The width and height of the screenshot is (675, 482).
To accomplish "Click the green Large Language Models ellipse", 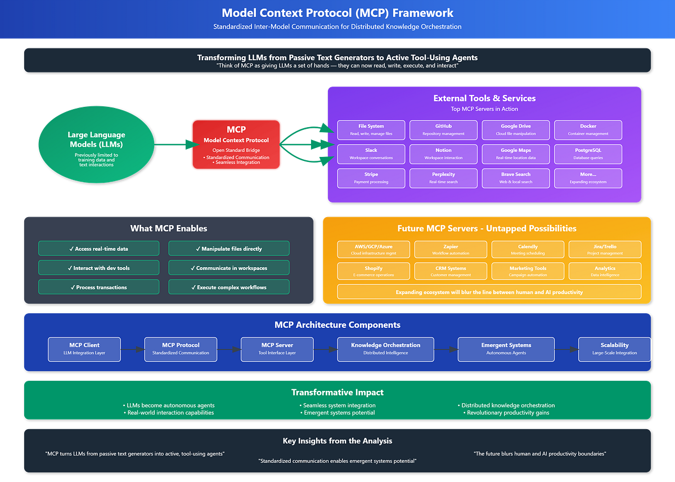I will click(96, 145).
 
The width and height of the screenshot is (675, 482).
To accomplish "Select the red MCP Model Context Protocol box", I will click(236, 145).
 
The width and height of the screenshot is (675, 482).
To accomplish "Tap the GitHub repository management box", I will click(443, 130).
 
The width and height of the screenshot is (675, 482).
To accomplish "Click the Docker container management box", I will click(588, 130).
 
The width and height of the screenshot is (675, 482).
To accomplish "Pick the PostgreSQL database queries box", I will click(588, 154).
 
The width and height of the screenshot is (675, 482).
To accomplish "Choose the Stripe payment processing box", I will click(371, 178).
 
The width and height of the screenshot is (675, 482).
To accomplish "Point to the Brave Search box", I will click(515, 178).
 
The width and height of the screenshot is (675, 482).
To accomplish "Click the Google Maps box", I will click(515, 154).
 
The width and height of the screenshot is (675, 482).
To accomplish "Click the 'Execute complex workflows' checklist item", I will click(229, 287).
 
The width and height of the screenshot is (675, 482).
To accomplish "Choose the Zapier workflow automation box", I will click(451, 250).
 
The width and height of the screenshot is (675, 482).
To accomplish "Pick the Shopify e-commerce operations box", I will click(373, 272).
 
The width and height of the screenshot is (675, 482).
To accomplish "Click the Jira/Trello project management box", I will click(605, 250).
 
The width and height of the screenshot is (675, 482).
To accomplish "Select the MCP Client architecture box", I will click(84, 349).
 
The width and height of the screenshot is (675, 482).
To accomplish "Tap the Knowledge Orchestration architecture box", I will click(385, 349).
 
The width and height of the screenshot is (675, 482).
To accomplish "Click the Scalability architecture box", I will click(614, 349).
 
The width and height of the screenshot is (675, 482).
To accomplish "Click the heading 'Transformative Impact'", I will click(337, 392).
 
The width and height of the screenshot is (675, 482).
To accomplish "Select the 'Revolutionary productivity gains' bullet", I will click(508, 413).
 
